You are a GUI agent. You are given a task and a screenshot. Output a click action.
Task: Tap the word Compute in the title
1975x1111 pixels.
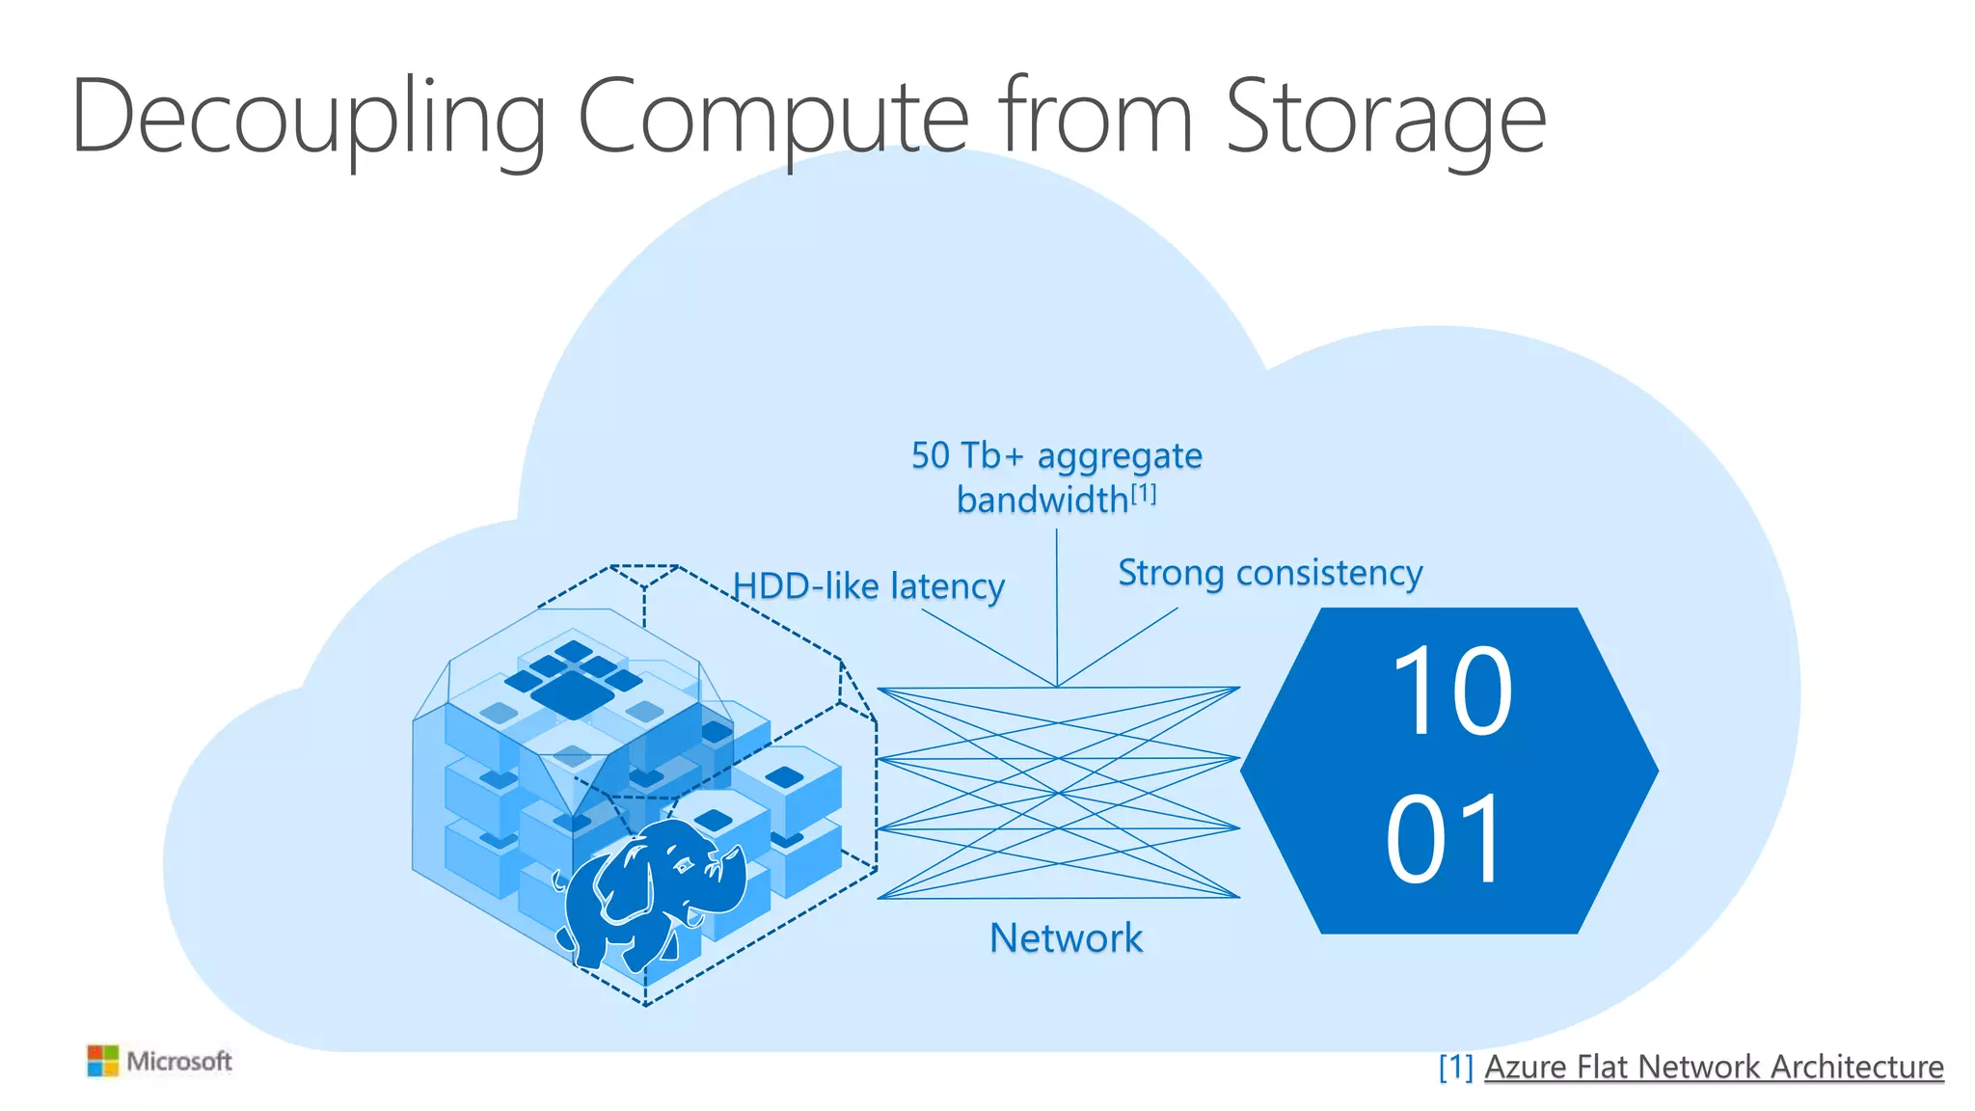(x=772, y=118)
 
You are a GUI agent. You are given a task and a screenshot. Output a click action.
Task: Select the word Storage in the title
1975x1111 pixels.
(x=1386, y=118)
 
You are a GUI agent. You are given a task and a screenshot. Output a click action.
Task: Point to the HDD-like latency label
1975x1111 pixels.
(x=869, y=586)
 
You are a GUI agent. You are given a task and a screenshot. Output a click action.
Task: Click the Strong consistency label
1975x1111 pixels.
(x=1270, y=573)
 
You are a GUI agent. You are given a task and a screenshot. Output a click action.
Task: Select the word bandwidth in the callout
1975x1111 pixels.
(x=1042, y=500)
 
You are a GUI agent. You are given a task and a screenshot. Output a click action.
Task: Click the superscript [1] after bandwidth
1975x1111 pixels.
(x=1144, y=494)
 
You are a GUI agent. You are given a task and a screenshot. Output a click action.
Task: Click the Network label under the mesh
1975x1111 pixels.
(x=1066, y=937)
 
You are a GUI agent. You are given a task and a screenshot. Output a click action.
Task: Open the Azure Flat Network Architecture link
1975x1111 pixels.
(x=1714, y=1067)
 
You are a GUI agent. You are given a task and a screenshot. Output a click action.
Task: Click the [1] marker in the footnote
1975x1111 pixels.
(x=1455, y=1067)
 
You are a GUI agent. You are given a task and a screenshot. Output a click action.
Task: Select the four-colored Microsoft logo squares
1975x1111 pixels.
(x=102, y=1061)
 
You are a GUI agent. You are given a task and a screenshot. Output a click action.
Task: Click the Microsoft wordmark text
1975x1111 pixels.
(x=179, y=1061)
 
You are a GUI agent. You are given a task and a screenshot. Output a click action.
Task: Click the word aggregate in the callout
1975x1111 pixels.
(x=1120, y=456)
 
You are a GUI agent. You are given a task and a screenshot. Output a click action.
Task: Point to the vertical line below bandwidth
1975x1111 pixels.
(x=1057, y=608)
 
